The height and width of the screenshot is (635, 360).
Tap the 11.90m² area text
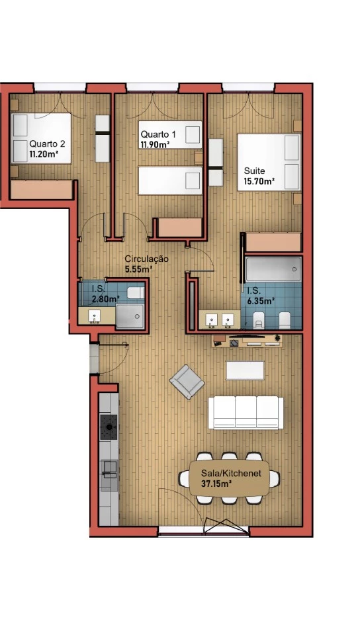155,145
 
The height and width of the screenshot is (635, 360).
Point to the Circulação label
146,259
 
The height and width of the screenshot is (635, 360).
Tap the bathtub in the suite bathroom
273,269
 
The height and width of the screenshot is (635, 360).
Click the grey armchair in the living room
187,382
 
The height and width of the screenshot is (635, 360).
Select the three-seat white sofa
246,412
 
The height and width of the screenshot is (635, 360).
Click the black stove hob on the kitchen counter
109,427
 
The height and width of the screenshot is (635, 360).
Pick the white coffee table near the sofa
245,370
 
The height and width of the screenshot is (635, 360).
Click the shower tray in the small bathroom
130,316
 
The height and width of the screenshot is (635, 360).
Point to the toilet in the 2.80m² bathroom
136,292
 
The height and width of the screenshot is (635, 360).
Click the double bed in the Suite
269,162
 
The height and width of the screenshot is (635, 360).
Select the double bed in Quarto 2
41,138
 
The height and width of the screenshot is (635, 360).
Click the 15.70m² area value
259,181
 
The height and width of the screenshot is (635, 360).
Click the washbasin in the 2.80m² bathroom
95,316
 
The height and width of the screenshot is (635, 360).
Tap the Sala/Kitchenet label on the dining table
231,473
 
